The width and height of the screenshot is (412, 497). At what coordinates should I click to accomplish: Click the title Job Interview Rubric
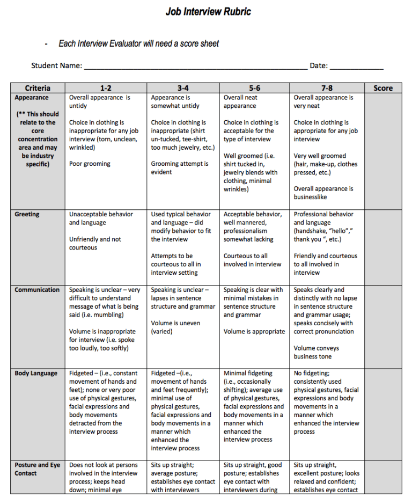[x=208, y=11]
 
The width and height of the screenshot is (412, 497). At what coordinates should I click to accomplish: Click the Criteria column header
[x=38, y=88]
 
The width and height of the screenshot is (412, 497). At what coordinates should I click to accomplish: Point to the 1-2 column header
[x=106, y=88]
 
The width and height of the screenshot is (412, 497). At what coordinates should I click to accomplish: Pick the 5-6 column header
[x=254, y=88]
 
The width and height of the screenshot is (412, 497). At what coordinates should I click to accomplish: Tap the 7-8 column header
[x=327, y=88]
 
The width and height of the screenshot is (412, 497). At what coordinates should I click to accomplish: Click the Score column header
[x=383, y=88]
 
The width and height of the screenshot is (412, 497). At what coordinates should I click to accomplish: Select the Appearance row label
[x=32, y=98]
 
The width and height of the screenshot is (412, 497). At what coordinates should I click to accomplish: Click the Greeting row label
[x=27, y=214]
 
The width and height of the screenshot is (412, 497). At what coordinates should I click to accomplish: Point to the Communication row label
[x=37, y=290]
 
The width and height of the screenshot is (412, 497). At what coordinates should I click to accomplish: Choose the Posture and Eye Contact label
[x=37, y=469]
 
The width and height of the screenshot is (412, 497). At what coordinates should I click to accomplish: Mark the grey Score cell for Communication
[x=383, y=326]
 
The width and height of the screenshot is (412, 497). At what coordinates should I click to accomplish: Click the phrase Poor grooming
[x=90, y=164]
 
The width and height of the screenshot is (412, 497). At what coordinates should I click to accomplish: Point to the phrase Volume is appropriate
[x=254, y=332]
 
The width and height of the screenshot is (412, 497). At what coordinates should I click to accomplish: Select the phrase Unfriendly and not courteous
[x=95, y=243]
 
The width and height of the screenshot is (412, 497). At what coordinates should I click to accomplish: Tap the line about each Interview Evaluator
[x=138, y=43]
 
